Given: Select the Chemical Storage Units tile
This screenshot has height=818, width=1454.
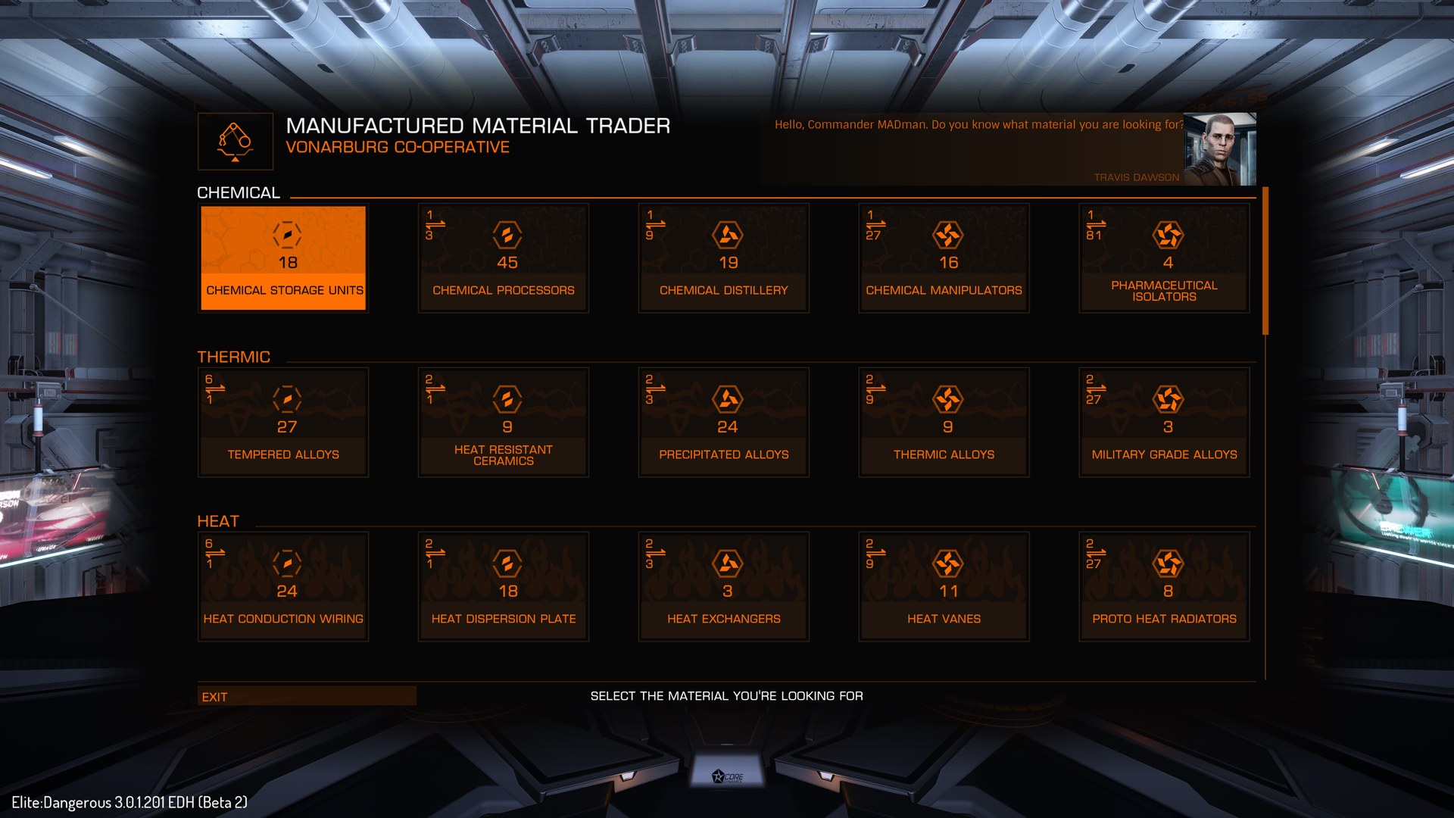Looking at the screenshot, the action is [x=283, y=258].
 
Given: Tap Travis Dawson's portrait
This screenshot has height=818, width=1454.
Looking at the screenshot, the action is [x=1219, y=149].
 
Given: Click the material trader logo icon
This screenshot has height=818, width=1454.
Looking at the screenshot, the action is [x=235, y=142].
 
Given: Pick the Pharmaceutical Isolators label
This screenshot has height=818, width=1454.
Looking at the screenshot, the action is [x=1164, y=291].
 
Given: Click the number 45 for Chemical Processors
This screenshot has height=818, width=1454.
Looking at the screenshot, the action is [x=507, y=263].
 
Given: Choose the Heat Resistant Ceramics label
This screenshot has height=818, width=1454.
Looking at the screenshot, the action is [x=504, y=455].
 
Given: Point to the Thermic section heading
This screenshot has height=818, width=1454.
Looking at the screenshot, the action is [x=233, y=357].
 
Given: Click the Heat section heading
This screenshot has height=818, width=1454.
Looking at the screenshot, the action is [x=218, y=521].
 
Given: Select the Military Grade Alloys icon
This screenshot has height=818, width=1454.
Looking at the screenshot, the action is [x=1168, y=399].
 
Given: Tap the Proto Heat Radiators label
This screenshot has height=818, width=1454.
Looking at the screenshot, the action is [x=1164, y=619].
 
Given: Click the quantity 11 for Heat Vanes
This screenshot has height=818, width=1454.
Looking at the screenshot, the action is [x=948, y=591].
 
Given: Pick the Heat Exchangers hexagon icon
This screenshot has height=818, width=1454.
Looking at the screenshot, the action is [x=727, y=564].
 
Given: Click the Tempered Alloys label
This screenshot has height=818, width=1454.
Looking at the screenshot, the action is [x=283, y=454].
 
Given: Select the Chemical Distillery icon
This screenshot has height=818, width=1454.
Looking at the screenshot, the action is [x=727, y=235].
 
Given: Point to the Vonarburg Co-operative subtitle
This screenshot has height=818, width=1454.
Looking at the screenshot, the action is [x=398, y=147].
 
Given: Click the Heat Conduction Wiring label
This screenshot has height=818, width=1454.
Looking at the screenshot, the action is [x=283, y=619].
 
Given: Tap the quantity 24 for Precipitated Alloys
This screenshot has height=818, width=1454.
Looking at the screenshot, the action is [x=727, y=427].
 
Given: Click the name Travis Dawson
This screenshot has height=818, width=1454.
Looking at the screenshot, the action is [x=1136, y=177].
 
